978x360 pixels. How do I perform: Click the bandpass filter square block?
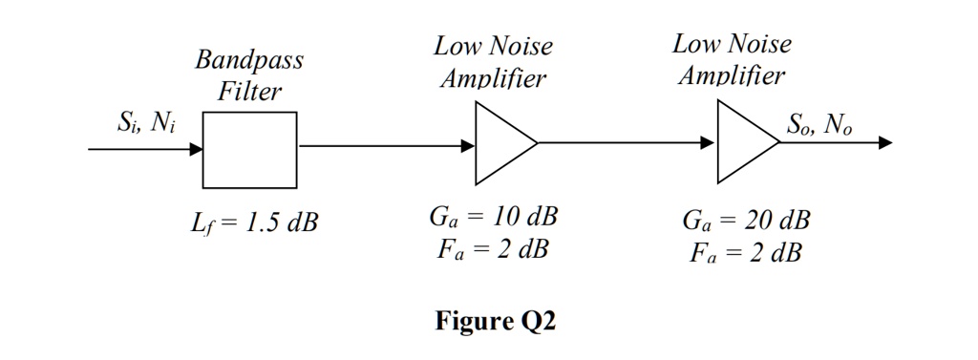(249, 150)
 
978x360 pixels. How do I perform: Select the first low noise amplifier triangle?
(500, 143)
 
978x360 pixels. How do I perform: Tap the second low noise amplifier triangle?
(742, 142)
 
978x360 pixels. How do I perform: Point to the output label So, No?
(819, 124)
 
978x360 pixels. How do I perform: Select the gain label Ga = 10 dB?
(493, 216)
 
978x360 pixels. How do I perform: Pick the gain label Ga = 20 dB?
(746, 221)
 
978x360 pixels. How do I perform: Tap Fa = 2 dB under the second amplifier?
(746, 254)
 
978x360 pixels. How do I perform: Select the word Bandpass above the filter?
(249, 61)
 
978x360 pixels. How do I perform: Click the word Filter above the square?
(249, 93)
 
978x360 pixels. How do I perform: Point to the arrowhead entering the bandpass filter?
(195, 149)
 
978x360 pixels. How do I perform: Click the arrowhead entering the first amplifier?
(468, 146)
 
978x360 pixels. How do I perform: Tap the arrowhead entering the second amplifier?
(708, 142)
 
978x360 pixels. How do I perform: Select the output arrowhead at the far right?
(885, 143)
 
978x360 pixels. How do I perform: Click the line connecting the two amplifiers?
(621, 142)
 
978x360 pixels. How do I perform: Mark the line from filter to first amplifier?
(382, 146)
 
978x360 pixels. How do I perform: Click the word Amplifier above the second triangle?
(732, 75)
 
